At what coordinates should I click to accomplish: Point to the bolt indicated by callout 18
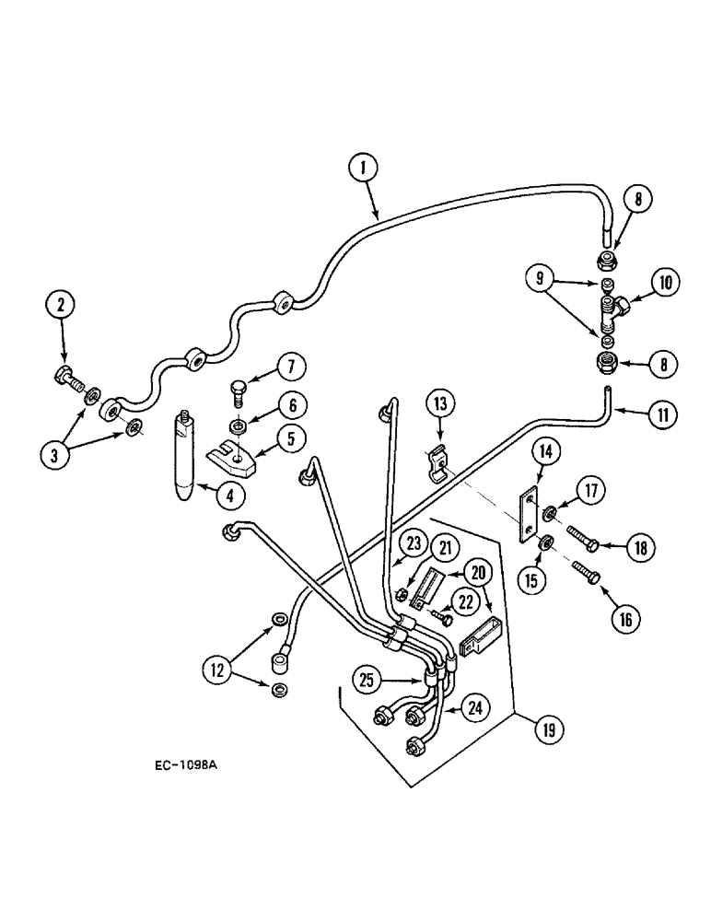click(x=578, y=538)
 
